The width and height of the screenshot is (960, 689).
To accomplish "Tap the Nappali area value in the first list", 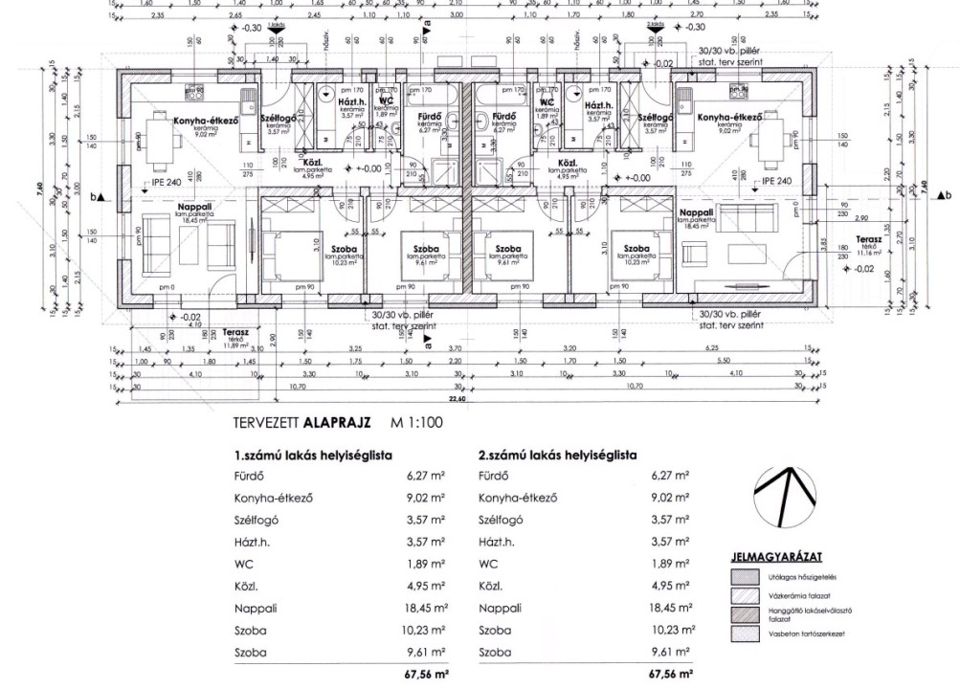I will (x=424, y=608).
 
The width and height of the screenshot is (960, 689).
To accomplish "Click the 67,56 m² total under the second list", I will (x=669, y=673).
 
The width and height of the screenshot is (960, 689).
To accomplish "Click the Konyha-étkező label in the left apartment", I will (x=198, y=121).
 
